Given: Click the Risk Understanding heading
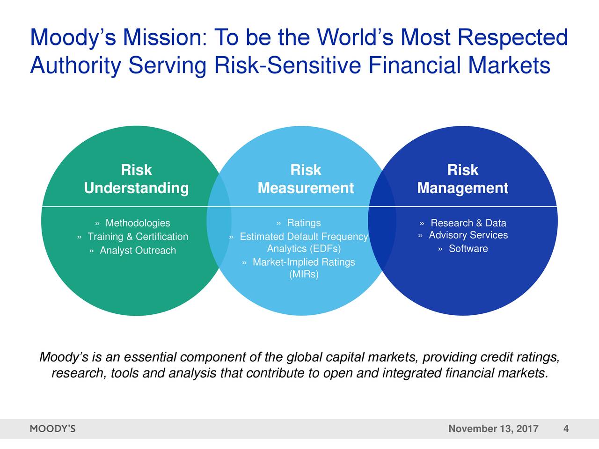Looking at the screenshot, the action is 136,179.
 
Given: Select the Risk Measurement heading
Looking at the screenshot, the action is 306,179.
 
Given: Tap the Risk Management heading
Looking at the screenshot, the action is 462,179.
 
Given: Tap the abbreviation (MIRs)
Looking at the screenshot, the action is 304,274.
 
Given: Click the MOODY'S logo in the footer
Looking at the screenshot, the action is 52,429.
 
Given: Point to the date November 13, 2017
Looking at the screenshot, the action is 493,429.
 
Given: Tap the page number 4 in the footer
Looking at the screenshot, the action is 566,429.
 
